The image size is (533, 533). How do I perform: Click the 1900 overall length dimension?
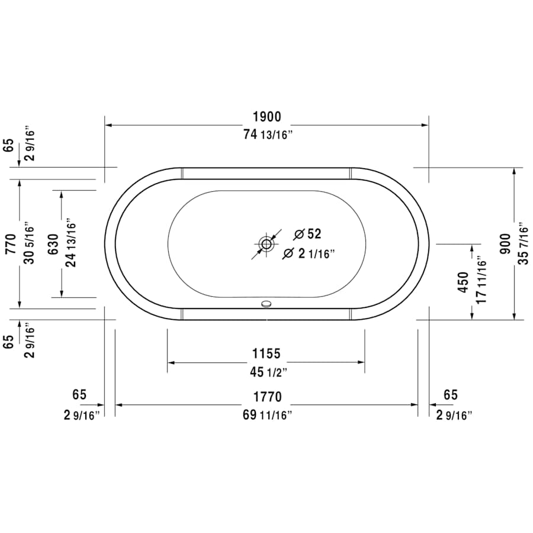click(x=266, y=117)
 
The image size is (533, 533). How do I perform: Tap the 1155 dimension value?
click(x=265, y=354)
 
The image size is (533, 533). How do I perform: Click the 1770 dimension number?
click(x=266, y=397)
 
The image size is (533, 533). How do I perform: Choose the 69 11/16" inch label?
click(x=267, y=415)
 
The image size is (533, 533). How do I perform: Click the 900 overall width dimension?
click(x=505, y=242)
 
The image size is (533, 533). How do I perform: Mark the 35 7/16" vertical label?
click(x=522, y=243)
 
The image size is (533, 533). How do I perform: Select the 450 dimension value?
click(x=464, y=282)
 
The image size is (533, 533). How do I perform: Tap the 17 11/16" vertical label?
click(x=481, y=282)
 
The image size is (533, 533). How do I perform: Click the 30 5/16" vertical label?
click(x=27, y=243)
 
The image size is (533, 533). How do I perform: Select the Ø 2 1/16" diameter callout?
click(x=309, y=253)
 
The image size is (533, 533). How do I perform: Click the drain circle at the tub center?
click(x=266, y=243)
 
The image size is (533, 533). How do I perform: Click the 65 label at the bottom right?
click(x=450, y=395)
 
